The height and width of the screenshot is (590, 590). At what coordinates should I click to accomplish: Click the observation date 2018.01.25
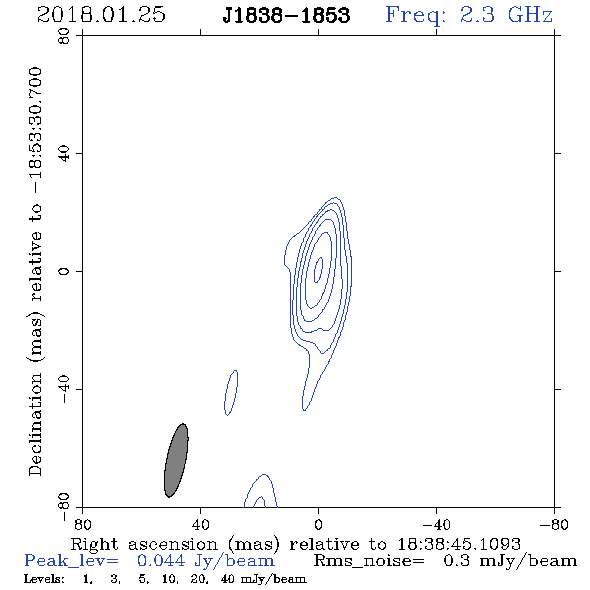coord(101,15)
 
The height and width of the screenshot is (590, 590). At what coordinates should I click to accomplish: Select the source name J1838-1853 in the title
coord(286,15)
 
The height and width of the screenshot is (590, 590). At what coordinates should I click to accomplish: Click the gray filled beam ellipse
coord(176,460)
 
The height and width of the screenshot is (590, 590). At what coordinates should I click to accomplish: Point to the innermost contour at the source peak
coord(318,270)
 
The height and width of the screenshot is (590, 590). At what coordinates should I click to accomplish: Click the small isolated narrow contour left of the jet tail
coord(231,393)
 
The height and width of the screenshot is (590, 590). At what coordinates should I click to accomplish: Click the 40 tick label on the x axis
coord(200,525)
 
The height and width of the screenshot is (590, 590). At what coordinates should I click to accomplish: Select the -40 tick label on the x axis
coord(436,525)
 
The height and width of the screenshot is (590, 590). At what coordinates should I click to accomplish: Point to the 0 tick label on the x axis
coord(318,525)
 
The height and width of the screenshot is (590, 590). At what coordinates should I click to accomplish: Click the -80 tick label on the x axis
coord(554,525)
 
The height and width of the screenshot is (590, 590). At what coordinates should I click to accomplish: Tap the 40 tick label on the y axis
coord(64,154)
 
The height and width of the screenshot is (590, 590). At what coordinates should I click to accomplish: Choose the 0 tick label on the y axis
coord(64,271)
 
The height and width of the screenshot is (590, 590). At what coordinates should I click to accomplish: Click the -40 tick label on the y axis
coord(64,389)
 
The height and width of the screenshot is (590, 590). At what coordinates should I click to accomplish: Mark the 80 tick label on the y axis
coord(64,36)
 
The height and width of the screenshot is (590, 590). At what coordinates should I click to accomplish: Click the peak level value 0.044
coord(161,561)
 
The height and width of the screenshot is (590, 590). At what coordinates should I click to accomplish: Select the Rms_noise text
coord(369,561)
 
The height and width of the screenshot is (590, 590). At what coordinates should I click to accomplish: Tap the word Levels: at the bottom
coord(44,579)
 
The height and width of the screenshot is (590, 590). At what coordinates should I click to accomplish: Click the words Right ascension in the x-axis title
coord(144,544)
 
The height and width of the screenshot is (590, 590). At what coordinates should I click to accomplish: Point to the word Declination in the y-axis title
coord(35,424)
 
